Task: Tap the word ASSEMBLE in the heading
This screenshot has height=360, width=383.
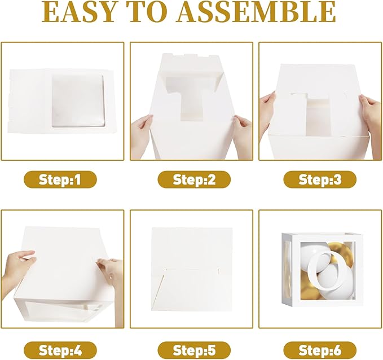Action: (257, 12)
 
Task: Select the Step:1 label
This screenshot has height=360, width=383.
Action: (60, 179)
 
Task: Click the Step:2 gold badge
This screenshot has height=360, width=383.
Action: (194, 179)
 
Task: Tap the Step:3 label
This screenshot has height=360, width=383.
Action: (320, 179)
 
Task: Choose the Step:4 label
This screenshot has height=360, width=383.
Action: (60, 350)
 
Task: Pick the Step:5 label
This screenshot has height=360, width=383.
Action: (194, 350)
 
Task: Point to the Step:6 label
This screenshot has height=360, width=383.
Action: (320, 350)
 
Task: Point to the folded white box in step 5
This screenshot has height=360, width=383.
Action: (192, 269)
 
